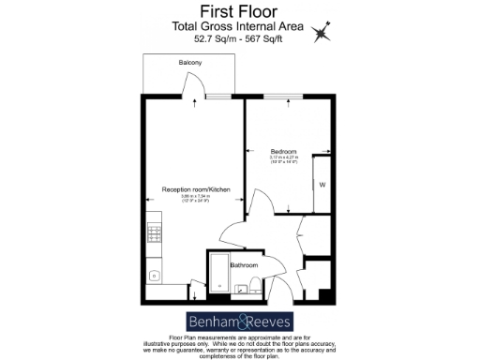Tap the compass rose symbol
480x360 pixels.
pyautogui.click(x=322, y=33)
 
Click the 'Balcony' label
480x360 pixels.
pyautogui.click(x=190, y=63)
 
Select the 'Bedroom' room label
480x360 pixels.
pyautogui.click(x=284, y=152)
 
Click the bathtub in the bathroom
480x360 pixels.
pyautogui.click(x=219, y=278)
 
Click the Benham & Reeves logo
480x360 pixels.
pyautogui.click(x=240, y=319)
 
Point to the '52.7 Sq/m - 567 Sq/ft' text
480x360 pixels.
pyautogui.click(x=240, y=40)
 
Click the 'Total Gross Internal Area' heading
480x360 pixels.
pyautogui.click(x=240, y=28)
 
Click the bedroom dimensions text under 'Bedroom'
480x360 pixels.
pyautogui.click(x=284, y=161)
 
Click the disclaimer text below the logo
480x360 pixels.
pyautogui.click(x=240, y=345)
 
